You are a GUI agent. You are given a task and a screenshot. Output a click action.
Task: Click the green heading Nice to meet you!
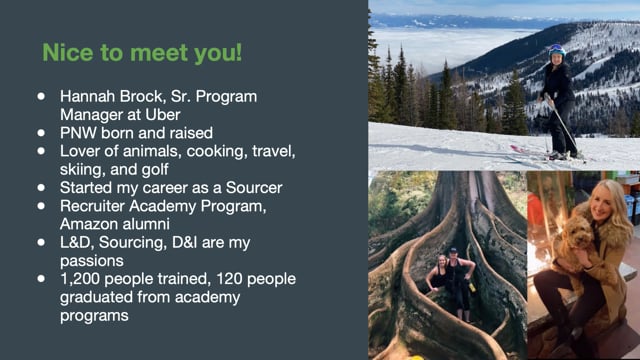(x=142, y=53)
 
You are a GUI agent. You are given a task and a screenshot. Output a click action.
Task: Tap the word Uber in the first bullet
(x=162, y=115)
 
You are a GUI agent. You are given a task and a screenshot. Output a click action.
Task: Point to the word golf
(x=155, y=170)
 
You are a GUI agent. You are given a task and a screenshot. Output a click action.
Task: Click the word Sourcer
(x=254, y=188)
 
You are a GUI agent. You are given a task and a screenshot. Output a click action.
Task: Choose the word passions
(x=91, y=261)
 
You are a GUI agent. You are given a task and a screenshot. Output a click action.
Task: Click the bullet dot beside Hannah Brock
(x=41, y=96)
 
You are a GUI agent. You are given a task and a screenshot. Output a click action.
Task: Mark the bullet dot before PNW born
(x=41, y=133)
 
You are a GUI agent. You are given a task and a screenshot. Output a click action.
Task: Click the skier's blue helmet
(x=557, y=50)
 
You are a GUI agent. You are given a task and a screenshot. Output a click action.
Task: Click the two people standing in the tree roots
(x=450, y=282)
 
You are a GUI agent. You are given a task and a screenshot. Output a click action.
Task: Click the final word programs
(x=94, y=316)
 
